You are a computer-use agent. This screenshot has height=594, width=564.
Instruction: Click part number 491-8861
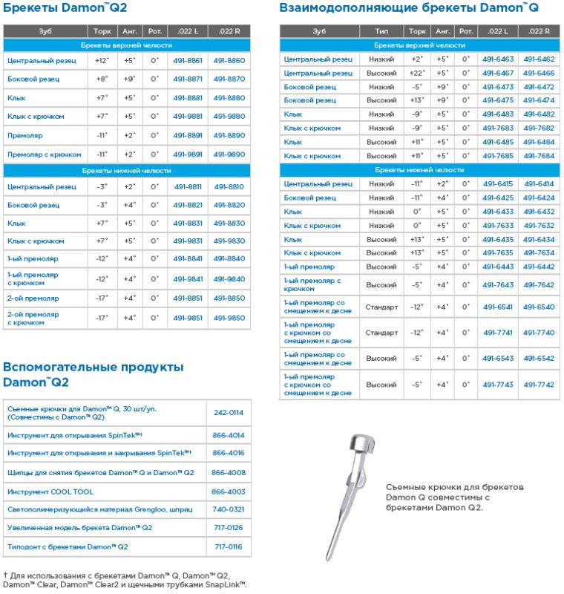[x=188, y=60]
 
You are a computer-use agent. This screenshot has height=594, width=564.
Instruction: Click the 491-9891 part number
[x=188, y=154]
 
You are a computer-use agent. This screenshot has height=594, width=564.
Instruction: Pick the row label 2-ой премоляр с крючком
[x=33, y=319]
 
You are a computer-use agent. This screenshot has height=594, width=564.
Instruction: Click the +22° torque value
[x=417, y=73]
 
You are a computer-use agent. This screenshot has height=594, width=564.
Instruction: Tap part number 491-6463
[x=497, y=59]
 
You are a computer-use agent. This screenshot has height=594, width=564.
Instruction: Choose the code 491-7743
[x=497, y=385]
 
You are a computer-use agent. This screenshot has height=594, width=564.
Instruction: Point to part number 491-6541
[x=497, y=307]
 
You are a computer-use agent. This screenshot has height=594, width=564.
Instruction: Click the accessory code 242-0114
[x=228, y=413]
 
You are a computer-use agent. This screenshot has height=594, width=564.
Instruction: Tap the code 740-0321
[x=228, y=510]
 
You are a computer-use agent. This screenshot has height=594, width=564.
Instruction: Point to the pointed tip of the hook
[x=327, y=558]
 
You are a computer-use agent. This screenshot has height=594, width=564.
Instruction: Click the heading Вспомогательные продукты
[x=93, y=367]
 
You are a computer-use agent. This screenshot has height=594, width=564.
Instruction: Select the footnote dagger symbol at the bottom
[x=5, y=575]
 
